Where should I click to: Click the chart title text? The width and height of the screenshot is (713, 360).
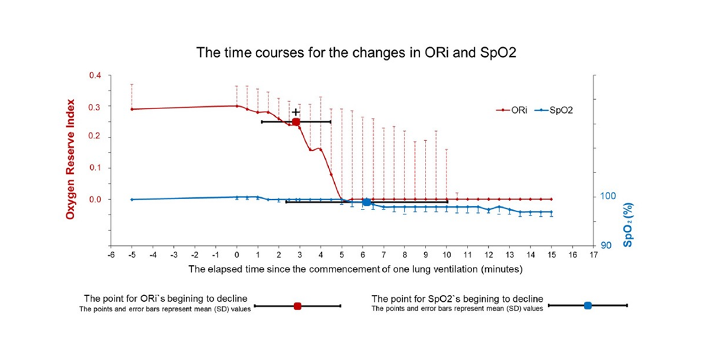coord(356,53)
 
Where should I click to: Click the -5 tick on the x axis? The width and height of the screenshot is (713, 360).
coord(132,255)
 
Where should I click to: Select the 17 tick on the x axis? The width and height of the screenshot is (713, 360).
coord(594,255)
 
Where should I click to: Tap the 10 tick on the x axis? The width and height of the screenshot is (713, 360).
coord(446,255)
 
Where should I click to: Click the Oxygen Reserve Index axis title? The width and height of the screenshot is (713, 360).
coord(71,160)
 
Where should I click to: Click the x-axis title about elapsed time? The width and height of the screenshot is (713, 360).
coord(356,268)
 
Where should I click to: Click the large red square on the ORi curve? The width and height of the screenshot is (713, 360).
coord(296,122)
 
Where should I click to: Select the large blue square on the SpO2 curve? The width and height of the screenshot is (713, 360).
coord(367,202)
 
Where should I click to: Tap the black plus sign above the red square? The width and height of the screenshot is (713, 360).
coord(296,112)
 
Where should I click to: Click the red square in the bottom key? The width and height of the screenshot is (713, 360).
coord(297,306)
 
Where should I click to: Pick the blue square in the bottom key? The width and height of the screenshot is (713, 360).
coord(588,305)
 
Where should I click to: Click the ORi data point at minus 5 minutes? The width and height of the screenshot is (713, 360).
coord(132,109)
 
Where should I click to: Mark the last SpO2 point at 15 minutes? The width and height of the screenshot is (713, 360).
coord(551,212)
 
